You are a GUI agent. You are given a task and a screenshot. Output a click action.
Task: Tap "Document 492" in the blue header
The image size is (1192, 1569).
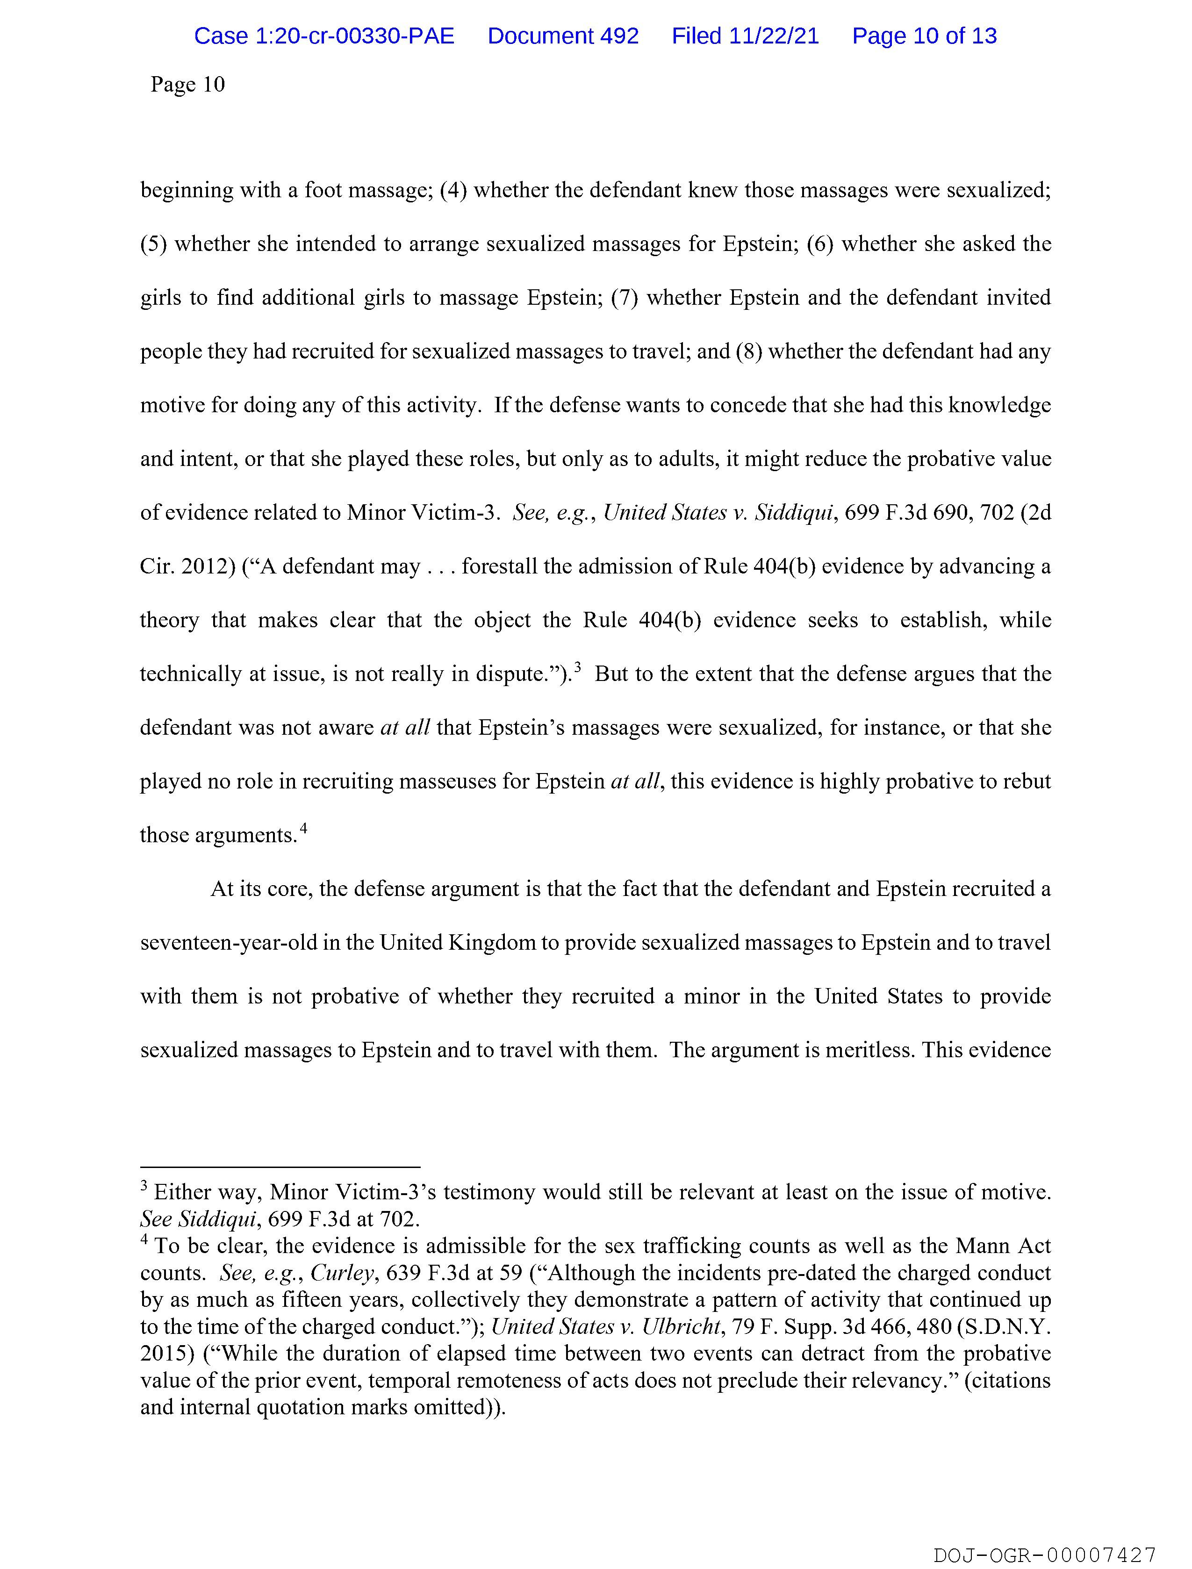coord(563,36)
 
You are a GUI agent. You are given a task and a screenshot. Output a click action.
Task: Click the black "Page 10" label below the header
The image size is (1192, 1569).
coord(187,85)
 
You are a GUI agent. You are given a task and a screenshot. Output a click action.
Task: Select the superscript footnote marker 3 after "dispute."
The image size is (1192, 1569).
coord(578,667)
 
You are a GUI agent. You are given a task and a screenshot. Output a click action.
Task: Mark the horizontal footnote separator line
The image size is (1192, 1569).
coord(280,1167)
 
